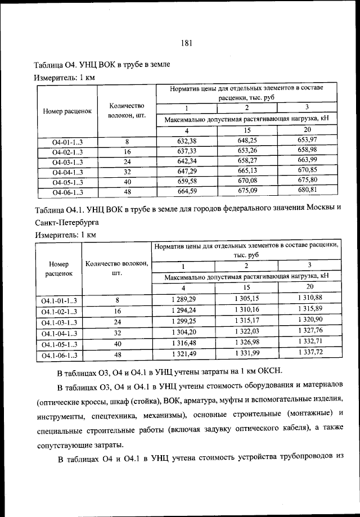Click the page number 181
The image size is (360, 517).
click(x=187, y=43)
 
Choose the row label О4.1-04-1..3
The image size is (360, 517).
click(x=58, y=334)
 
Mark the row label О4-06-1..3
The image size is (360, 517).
click(x=67, y=192)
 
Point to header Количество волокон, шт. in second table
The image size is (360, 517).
click(x=117, y=268)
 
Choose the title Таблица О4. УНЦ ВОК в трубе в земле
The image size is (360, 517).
click(x=102, y=65)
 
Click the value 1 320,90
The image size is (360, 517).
click(x=309, y=320)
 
